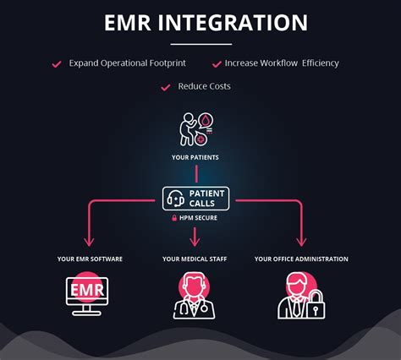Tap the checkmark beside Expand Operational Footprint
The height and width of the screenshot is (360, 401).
point(58,63)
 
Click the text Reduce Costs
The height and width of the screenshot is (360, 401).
point(204,86)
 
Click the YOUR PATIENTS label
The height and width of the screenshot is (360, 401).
point(196,157)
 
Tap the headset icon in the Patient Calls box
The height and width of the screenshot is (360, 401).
point(176,199)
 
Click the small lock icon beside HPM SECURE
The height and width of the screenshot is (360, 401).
point(174,218)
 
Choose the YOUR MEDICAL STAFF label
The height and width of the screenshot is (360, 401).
point(196,259)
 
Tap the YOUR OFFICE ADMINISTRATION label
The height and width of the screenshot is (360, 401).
point(301,259)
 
